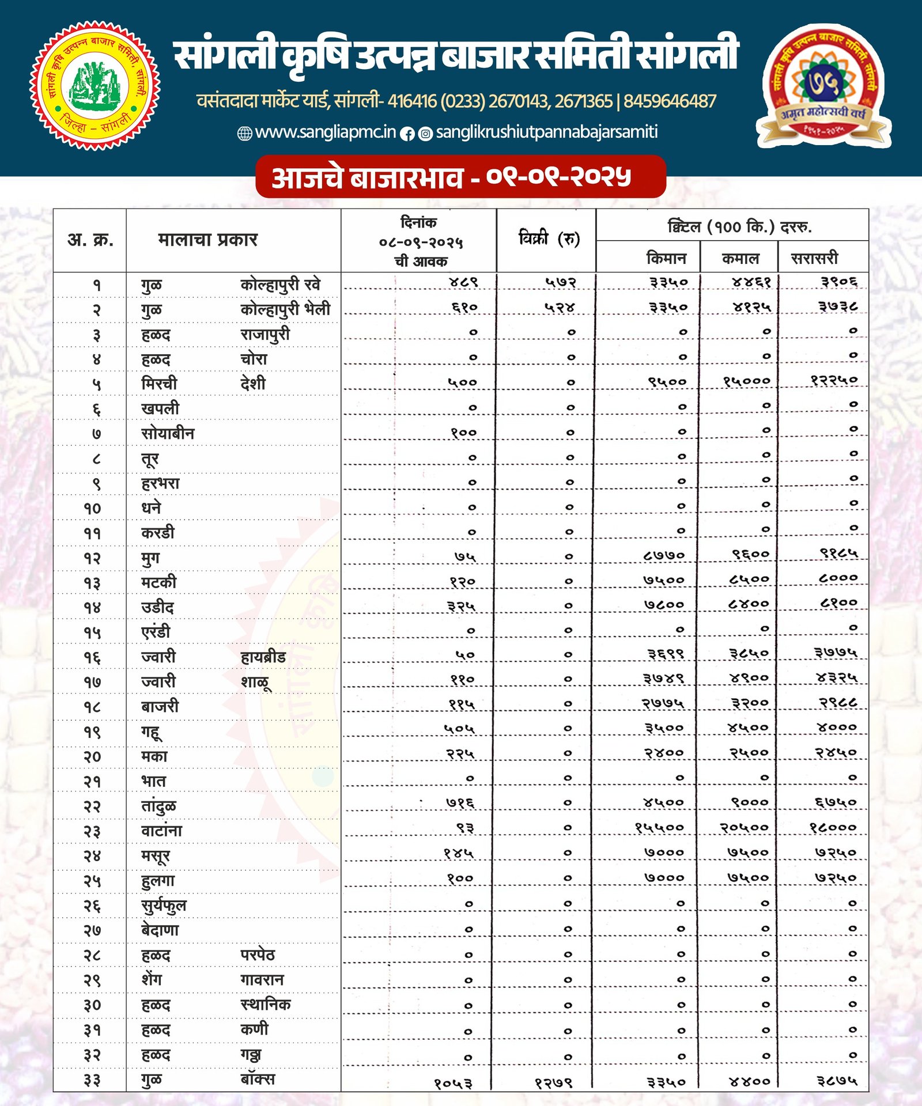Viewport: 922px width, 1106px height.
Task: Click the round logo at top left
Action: click(x=95, y=86)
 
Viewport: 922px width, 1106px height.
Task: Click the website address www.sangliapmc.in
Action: click(x=326, y=132)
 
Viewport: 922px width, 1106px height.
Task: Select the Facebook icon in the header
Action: click(x=407, y=134)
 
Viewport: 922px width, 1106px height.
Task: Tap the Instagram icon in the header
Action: click(x=425, y=134)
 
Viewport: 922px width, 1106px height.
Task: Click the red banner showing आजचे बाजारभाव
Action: click(x=460, y=177)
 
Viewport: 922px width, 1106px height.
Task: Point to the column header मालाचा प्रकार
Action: click(x=207, y=239)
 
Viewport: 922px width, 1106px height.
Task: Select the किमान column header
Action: click(x=666, y=258)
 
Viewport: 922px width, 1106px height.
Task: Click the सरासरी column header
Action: click(x=814, y=258)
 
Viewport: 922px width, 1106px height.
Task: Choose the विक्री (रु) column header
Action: click(x=549, y=238)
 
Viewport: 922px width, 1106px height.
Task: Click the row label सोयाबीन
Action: click(x=168, y=433)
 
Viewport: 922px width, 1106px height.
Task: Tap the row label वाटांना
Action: click(x=161, y=831)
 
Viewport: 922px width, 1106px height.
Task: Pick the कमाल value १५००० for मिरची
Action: click(x=746, y=381)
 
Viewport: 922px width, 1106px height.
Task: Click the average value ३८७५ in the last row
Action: click(x=837, y=1080)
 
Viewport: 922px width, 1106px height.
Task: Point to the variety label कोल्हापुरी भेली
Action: click(x=285, y=309)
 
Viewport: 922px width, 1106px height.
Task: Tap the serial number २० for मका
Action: click(x=92, y=756)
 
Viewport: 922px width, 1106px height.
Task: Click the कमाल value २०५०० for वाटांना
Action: click(x=744, y=828)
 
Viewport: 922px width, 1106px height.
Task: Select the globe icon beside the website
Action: click(x=245, y=134)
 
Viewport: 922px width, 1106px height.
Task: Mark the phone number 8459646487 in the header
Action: click(x=670, y=101)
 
